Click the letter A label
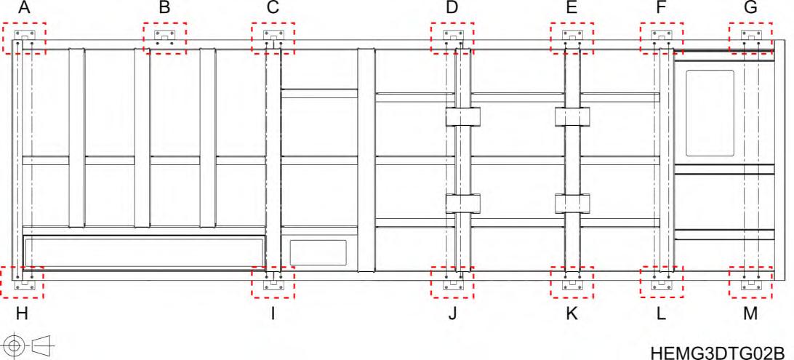click(24, 9)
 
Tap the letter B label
click(164, 9)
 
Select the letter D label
click(452, 9)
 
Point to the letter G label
click(750, 9)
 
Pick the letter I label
click(273, 313)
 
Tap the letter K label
click(572, 313)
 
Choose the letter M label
click(750, 313)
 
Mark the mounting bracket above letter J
click(452, 282)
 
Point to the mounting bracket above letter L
click(662, 282)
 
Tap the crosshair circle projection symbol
click(13, 342)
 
